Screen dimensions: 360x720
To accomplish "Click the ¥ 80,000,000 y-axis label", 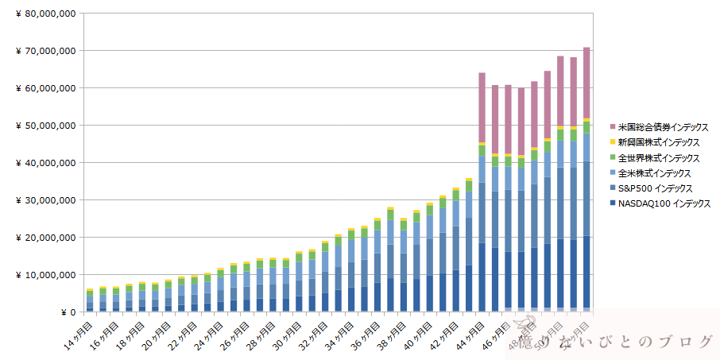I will point(46,14).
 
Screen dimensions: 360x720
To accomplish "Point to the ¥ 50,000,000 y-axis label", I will point(46,126).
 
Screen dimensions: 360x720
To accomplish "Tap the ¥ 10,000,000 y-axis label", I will point(46,275).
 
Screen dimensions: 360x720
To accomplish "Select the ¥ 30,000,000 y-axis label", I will point(46,200).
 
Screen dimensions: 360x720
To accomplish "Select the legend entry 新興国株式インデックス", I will point(657,142).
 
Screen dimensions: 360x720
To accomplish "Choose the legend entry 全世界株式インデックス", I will point(657,157).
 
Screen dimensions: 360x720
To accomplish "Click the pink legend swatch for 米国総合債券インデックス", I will point(612,127).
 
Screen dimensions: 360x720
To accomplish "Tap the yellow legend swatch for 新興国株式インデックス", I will point(612,142).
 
